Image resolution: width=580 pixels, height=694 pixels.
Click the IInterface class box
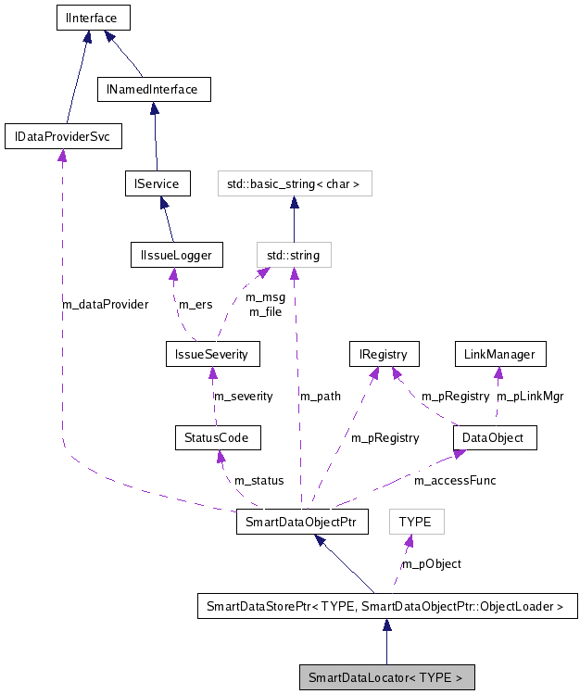[x=91, y=18]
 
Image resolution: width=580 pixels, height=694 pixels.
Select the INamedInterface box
[x=154, y=90]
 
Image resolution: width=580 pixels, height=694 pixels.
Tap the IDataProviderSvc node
[x=62, y=137]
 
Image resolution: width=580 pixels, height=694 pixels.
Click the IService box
[x=158, y=183]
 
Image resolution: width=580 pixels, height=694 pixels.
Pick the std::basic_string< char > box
[x=294, y=183]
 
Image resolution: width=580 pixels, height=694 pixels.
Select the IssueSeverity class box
[x=212, y=354]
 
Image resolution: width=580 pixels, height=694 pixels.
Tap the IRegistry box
[x=384, y=354]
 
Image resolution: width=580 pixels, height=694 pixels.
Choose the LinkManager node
[x=500, y=354]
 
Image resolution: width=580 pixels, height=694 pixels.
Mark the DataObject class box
[x=494, y=437]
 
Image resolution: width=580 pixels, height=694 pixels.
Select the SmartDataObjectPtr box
[x=302, y=522]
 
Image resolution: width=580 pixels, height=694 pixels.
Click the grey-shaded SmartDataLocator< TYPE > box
[x=386, y=677]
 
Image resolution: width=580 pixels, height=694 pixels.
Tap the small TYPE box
[x=415, y=522]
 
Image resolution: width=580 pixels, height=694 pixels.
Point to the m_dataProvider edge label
[x=105, y=304]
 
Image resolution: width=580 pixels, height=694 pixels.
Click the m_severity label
[x=244, y=396]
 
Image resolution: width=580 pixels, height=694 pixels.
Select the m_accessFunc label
[x=455, y=480]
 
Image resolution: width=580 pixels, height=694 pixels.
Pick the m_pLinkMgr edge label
[x=530, y=396]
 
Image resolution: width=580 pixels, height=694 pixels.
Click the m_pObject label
[x=431, y=563]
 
